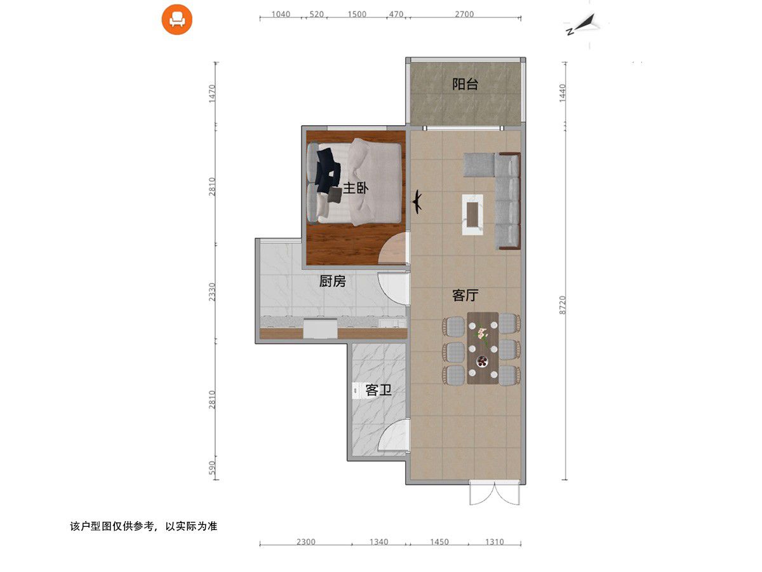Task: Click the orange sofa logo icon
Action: coord(177,20)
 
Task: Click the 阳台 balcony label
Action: coord(465,84)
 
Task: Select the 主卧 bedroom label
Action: coord(356,188)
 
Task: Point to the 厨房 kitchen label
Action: coord(332,281)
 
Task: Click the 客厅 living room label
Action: coord(465,295)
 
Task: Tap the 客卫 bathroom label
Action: coord(378,390)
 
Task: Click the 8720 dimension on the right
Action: coord(563,305)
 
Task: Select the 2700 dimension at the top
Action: coord(464,14)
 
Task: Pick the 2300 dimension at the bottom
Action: coord(306,541)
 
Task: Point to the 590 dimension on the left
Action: coord(212,468)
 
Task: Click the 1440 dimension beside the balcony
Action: coord(563,93)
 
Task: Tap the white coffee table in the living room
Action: coord(472,215)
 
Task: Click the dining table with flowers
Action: coord(483,348)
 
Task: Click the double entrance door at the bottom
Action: coord(494,493)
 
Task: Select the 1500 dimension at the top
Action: coord(357,14)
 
